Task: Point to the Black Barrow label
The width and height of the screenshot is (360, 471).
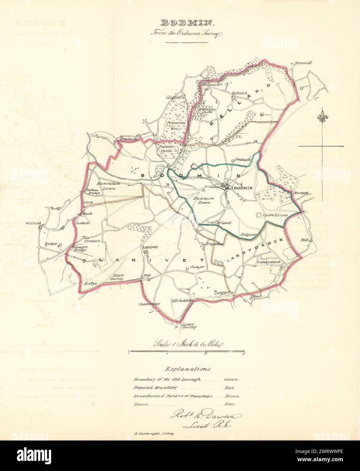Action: (119, 277)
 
